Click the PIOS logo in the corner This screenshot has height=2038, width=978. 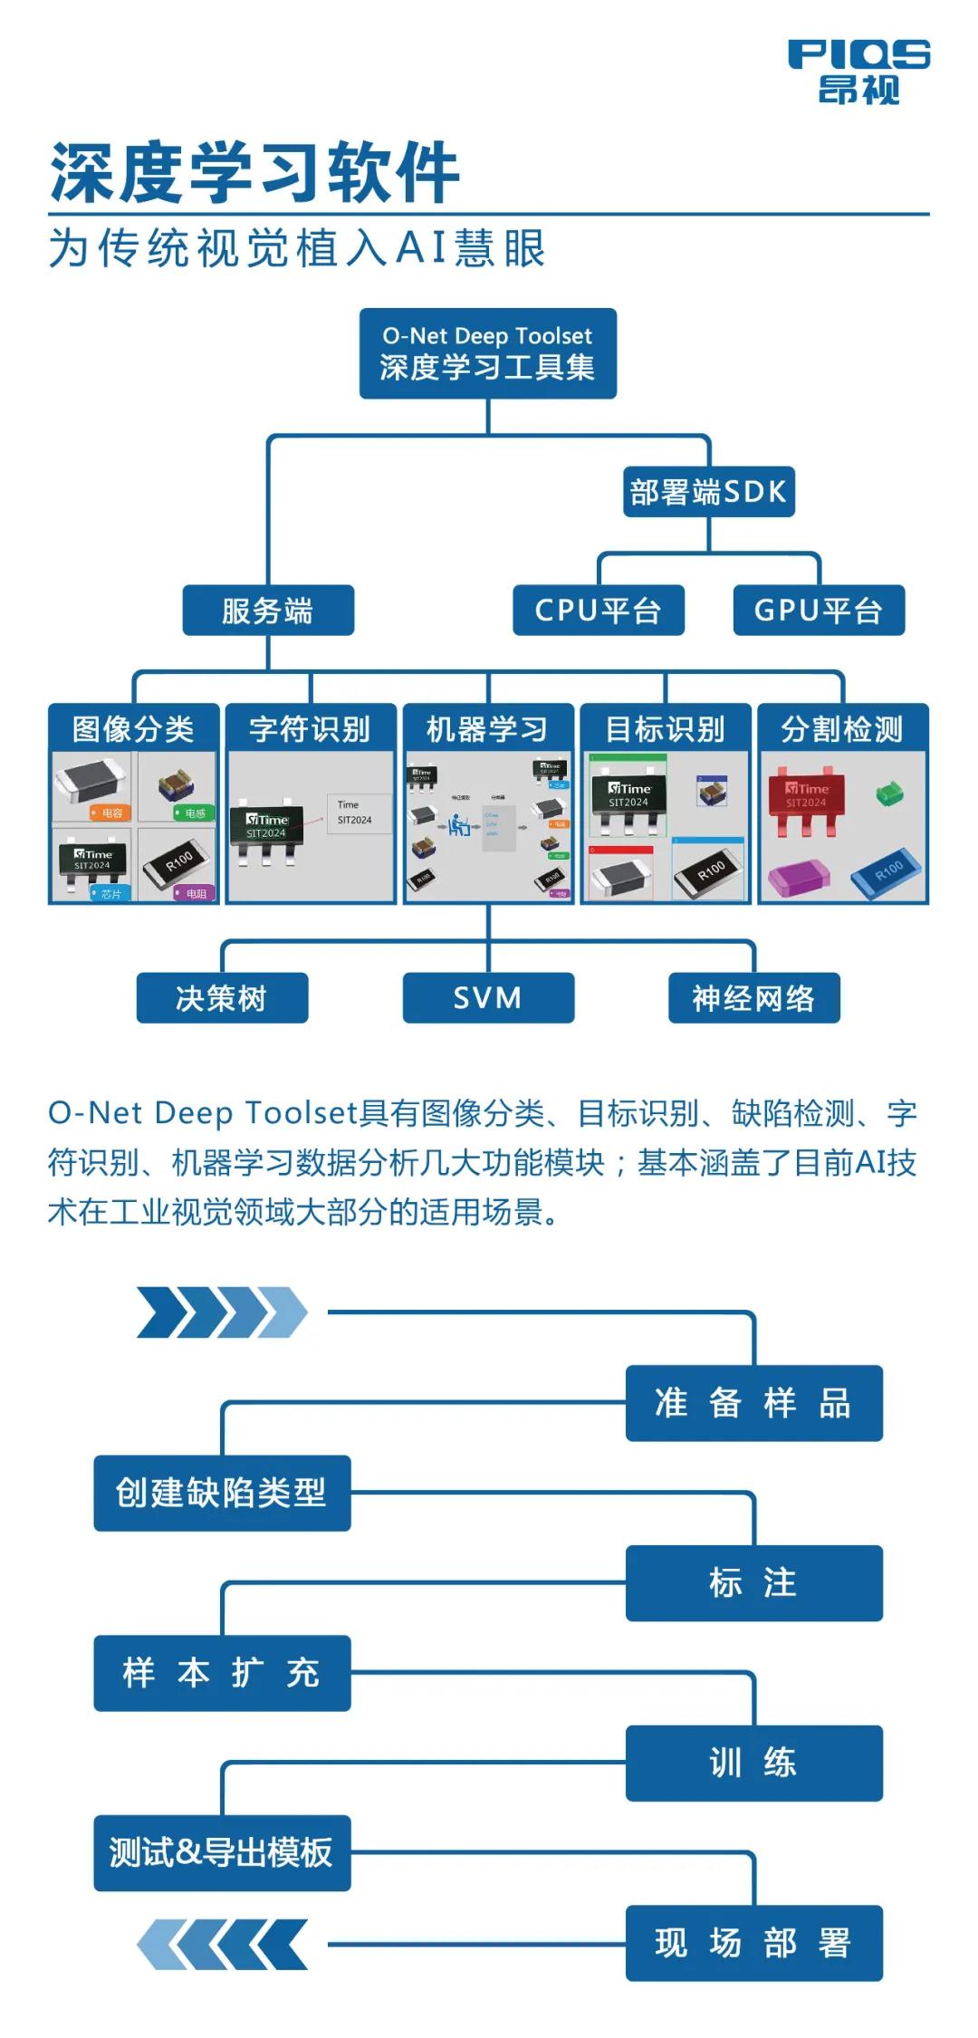pyautogui.click(x=858, y=71)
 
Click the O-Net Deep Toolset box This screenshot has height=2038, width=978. pyautogui.click(x=487, y=353)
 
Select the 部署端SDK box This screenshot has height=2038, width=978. pyautogui.click(x=708, y=492)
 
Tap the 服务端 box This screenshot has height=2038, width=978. pyautogui.click(x=268, y=610)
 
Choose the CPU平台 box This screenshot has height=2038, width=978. pyautogui.click(x=598, y=610)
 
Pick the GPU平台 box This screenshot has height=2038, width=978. pyautogui.click(x=818, y=610)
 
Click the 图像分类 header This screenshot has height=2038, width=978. pyautogui.click(x=133, y=728)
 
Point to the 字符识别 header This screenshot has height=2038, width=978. pyautogui.click(x=310, y=728)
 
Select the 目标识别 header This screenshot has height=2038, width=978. pyautogui.click(x=665, y=728)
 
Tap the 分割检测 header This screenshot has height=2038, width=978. pyautogui.click(x=842, y=728)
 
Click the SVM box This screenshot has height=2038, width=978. pyautogui.click(x=487, y=998)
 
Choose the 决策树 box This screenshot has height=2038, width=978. pyautogui.click(x=222, y=998)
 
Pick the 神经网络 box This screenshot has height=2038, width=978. pyautogui.click(x=753, y=998)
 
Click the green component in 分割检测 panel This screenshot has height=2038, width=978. pyautogui.click(x=889, y=794)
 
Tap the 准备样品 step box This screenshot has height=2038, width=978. pyautogui.click(x=753, y=1403)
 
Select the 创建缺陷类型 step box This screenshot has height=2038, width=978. pyautogui.click(x=222, y=1493)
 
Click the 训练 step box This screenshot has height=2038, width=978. pyautogui.click(x=753, y=1763)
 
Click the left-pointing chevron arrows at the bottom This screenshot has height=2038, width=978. pyautogui.click(x=222, y=1945)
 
